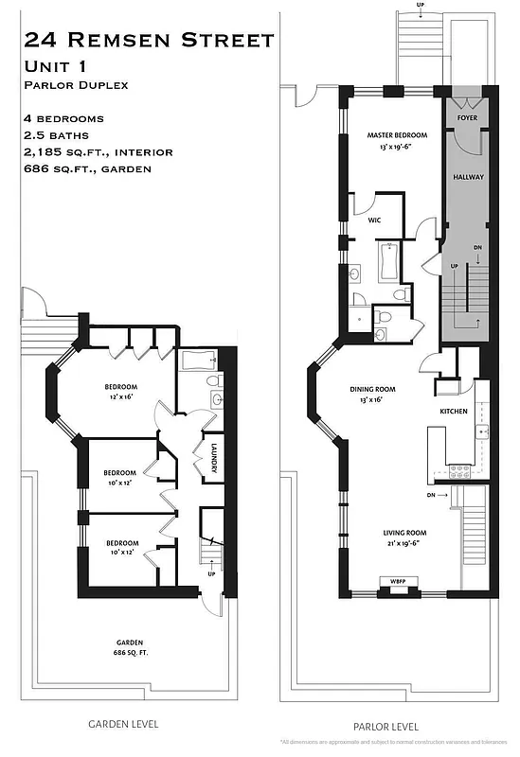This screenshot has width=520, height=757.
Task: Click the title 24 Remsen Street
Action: pos(149,40)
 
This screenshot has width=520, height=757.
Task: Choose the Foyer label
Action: pos(467,118)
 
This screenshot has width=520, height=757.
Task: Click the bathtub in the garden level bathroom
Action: pos(196,360)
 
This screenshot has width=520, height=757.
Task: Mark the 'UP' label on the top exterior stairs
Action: pos(420,5)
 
